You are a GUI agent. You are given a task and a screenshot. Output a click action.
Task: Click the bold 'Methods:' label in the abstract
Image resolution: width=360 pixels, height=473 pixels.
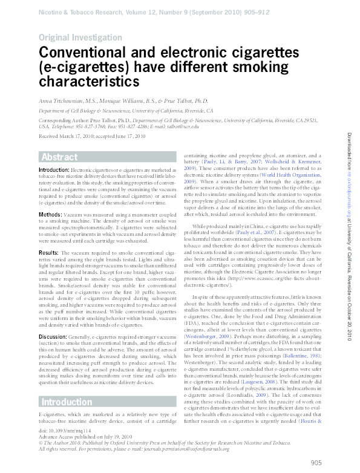[x=50, y=215]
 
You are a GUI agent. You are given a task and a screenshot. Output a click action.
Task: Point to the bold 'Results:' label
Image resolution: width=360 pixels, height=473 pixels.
[x=48, y=252]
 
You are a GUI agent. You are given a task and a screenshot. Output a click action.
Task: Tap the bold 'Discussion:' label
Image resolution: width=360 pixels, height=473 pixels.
[x=52, y=336]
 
